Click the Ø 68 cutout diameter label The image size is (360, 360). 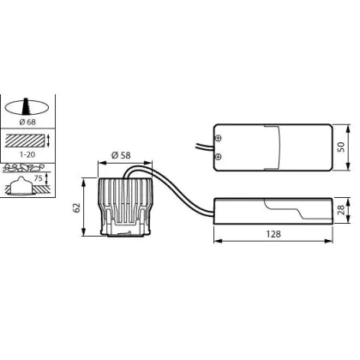[27, 122]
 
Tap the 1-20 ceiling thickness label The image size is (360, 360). [27, 155]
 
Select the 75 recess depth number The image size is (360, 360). [39, 178]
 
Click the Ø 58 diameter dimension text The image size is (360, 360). [121, 155]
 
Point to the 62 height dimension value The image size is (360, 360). [77, 207]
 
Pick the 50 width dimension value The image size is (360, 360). [341, 147]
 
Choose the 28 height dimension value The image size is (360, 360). [341, 211]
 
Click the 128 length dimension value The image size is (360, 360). [273, 234]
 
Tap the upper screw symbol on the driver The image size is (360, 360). [219, 138]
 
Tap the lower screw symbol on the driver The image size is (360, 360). [219, 157]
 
